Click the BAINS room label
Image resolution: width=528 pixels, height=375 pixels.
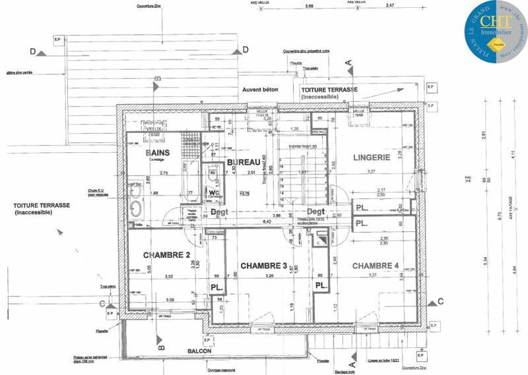click(158, 153)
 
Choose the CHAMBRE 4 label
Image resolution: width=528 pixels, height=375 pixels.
click(375, 266)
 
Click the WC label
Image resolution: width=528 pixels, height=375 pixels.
click(214, 175)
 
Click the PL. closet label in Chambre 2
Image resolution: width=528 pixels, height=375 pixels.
click(216, 287)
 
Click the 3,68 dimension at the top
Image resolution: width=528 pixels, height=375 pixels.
click(308, 7)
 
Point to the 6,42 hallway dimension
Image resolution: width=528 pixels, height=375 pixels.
click(267, 222)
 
